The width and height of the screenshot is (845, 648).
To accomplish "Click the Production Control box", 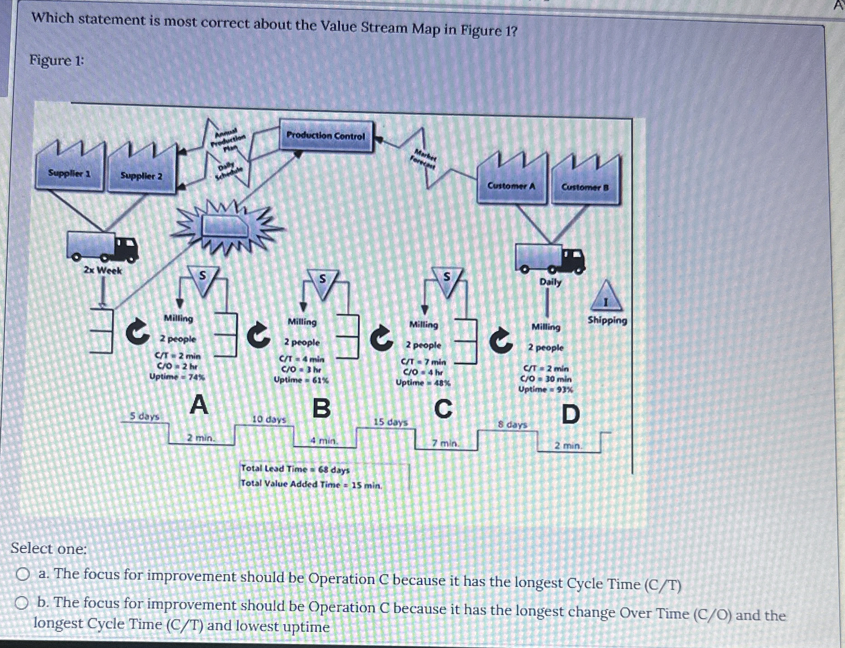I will [326, 136].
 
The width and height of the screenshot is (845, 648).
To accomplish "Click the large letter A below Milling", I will [199, 404].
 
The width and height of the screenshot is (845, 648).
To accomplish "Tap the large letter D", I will [571, 414].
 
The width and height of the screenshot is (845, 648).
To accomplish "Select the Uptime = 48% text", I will [422, 383].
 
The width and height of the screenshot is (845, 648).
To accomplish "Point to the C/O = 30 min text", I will [545, 379].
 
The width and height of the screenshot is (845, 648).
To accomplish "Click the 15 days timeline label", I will [391, 422].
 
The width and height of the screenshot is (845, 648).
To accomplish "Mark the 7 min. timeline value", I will [445, 443].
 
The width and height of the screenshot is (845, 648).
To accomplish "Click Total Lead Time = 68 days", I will [295, 469].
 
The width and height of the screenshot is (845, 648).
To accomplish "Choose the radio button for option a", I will [23, 574].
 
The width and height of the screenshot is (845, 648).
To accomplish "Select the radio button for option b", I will [22, 602].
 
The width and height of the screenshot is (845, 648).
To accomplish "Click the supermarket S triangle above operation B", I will [322, 282].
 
